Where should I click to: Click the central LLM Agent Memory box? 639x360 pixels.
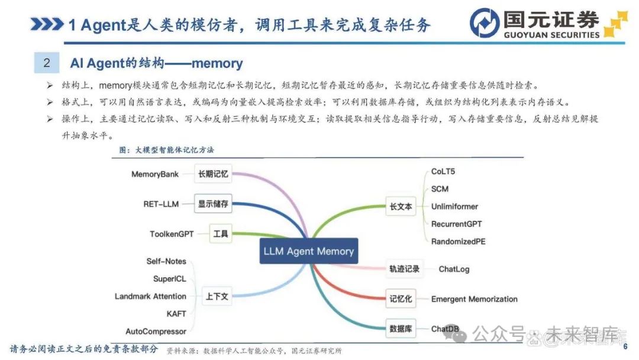(308, 250)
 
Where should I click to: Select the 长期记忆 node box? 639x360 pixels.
(213, 174)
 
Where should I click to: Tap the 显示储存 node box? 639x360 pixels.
(213, 204)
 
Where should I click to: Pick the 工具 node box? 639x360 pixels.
(221, 234)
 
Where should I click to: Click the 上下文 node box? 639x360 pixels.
(217, 297)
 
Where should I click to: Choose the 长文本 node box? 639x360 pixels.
(401, 206)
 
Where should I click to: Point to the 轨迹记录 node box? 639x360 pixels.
(404, 269)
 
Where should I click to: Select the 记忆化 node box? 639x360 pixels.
(401, 299)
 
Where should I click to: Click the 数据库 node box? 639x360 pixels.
(401, 329)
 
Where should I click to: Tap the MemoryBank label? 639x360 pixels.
(155, 174)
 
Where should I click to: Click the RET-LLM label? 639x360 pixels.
(161, 204)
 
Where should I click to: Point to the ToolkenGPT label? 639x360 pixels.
(172, 234)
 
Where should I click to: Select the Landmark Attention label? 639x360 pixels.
(150, 297)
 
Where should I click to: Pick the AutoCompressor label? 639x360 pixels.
(156, 332)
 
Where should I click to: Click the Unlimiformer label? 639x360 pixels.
(455, 206)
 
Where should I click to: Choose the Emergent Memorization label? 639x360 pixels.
(475, 299)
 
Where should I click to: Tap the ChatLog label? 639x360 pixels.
(454, 269)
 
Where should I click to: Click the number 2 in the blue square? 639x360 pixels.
(47, 63)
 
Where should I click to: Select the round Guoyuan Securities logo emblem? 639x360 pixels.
(485, 23)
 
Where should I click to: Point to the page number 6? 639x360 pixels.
(625, 346)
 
